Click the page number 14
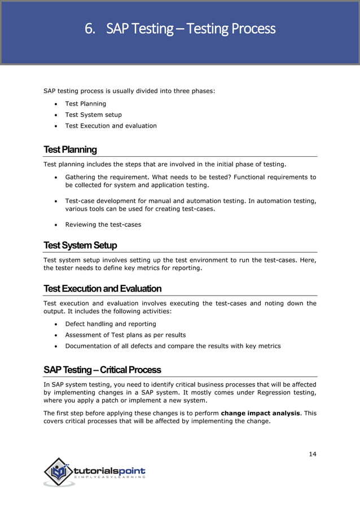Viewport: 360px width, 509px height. coord(312,454)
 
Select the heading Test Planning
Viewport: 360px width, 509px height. coord(70,150)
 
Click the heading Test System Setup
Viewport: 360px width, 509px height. coord(80,245)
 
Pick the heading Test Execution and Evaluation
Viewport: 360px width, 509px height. coord(102,288)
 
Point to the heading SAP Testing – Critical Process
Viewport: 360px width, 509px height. coord(102,370)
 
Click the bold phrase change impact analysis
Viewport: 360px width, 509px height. coord(260,413)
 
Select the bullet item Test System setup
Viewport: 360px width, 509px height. coord(93,115)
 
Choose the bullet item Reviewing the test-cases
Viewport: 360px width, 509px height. coord(103,225)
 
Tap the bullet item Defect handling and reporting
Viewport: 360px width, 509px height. coord(111,324)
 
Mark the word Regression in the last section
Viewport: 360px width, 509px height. coord(276,392)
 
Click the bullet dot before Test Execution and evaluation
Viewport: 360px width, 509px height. coord(56,126)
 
